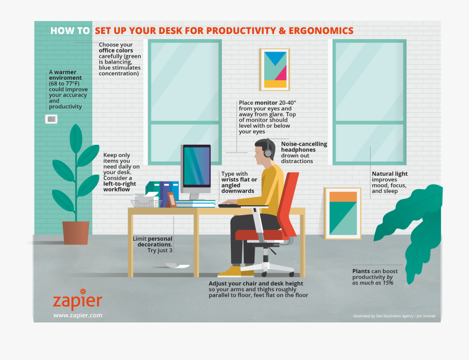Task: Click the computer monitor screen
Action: (x=196, y=166)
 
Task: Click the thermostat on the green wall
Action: (x=51, y=119)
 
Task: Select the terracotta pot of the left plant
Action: (x=76, y=232)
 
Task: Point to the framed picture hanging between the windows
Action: (x=275, y=69)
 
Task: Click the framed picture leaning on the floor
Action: (x=342, y=213)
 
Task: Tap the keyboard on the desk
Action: (x=229, y=205)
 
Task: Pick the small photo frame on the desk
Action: (x=171, y=200)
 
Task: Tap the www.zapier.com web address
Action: (x=78, y=315)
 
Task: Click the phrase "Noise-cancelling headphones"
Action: (x=304, y=147)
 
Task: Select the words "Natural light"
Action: (x=390, y=174)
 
